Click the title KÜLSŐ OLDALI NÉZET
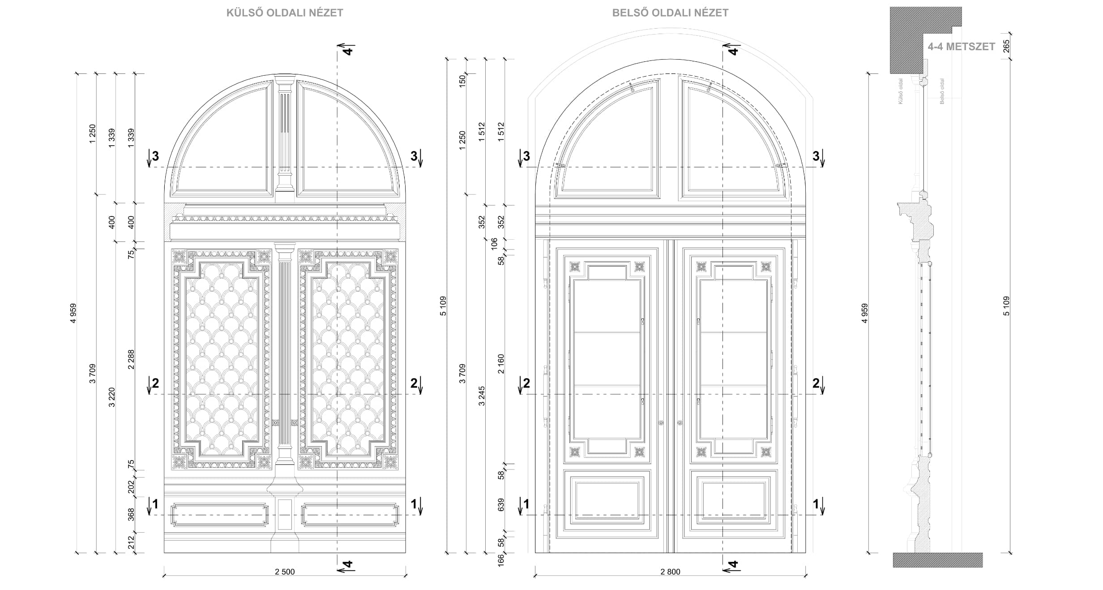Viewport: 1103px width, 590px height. pyautogui.click(x=285, y=13)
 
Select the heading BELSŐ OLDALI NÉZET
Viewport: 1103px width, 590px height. pyautogui.click(x=670, y=13)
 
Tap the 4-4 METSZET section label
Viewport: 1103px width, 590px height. pyautogui.click(x=961, y=47)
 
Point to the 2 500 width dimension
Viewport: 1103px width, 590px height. pyautogui.click(x=285, y=572)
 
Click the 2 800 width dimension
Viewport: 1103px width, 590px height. pyautogui.click(x=670, y=572)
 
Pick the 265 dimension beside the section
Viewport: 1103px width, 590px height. pyautogui.click(x=1006, y=46)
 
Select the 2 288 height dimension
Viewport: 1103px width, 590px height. pyautogui.click(x=131, y=360)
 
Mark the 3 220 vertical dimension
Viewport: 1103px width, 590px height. pyautogui.click(x=112, y=397)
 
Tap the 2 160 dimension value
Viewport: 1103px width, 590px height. pyautogui.click(x=501, y=364)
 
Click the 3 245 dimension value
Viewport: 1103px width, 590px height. pyautogui.click(x=482, y=396)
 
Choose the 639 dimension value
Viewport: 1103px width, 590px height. pyautogui.click(x=501, y=505)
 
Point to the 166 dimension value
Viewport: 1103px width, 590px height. pyautogui.click(x=501, y=559)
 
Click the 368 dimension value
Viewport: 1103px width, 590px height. pyautogui.click(x=131, y=514)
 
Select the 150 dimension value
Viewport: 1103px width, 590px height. pyautogui.click(x=462, y=81)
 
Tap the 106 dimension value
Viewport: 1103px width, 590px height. pyautogui.click(x=494, y=244)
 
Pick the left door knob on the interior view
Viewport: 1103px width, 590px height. pyautogui.click(x=661, y=422)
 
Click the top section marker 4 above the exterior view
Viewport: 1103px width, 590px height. pyautogui.click(x=347, y=49)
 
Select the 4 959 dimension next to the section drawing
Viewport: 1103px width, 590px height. pyautogui.click(x=864, y=313)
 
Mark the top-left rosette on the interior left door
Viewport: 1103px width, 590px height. pyautogui.click(x=575, y=267)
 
